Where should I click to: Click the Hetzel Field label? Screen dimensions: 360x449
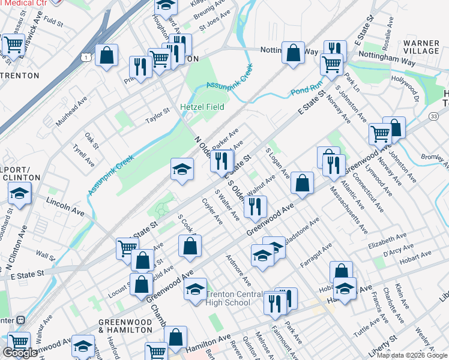202,107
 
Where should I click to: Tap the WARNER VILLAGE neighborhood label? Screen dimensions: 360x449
421,47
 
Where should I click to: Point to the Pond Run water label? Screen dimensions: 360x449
303,91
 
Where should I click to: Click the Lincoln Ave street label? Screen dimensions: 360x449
67,205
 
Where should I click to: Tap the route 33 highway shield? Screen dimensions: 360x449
433,116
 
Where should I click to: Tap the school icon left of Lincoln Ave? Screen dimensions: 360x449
20,194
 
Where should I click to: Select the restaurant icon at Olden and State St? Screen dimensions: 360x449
222,160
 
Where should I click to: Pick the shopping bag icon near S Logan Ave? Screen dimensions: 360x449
302,184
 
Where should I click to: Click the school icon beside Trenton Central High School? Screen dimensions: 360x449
195,289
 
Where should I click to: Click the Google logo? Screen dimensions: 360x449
20,353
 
